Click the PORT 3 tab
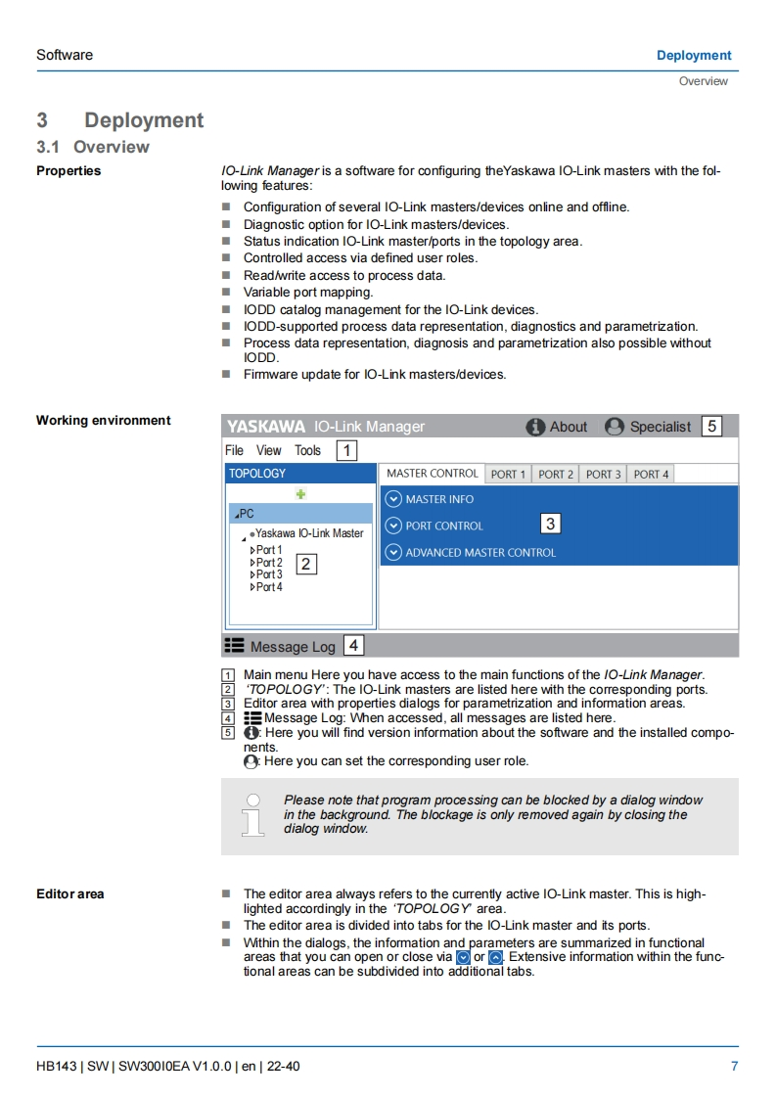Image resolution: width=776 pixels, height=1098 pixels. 603,475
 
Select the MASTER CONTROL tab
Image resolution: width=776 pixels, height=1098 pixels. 432,474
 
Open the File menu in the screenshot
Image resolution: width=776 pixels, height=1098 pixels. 235,450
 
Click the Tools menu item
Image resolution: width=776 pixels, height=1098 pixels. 307,450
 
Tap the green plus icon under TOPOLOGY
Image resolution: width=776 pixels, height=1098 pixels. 300,495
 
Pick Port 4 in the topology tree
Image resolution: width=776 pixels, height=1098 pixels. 268,587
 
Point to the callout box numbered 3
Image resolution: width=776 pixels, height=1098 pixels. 550,524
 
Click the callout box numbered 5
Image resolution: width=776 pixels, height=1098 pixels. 711,426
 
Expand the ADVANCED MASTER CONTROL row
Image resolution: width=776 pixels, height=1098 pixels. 393,552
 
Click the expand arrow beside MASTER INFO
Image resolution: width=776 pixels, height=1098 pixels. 393,499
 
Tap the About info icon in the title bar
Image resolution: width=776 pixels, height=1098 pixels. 535,427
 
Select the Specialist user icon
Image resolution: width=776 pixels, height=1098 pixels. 615,427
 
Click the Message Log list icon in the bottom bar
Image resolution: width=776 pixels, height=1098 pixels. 235,646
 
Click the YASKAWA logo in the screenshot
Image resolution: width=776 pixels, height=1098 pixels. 266,427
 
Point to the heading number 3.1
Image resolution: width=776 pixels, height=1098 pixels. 49,147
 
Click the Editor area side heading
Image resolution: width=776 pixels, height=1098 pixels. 69,893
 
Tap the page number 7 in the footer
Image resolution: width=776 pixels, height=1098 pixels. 734,1066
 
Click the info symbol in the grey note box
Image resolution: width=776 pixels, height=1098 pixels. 253,814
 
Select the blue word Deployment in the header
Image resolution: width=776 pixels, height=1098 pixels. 694,55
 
